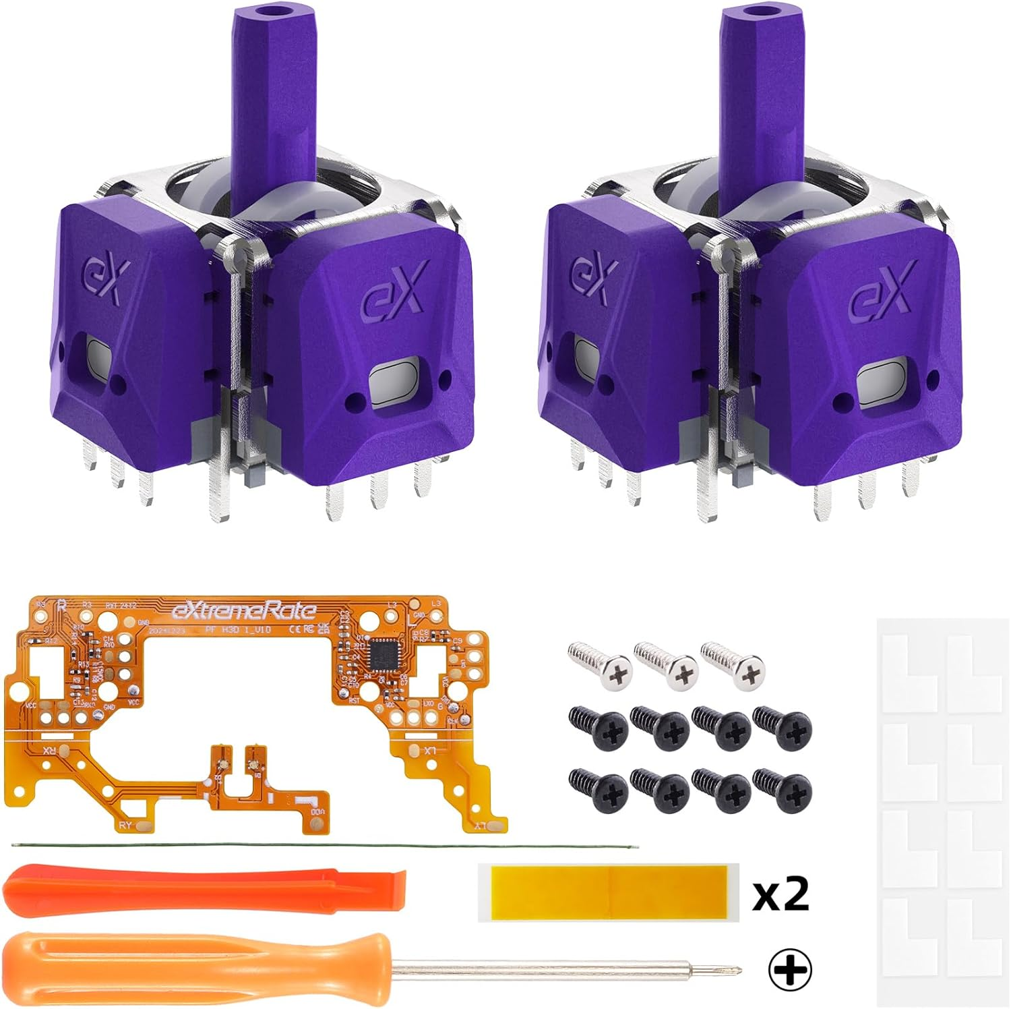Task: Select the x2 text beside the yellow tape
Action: pyautogui.click(x=780, y=894)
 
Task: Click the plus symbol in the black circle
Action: pyautogui.click(x=790, y=971)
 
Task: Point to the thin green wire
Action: pyautogui.click(x=324, y=846)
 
